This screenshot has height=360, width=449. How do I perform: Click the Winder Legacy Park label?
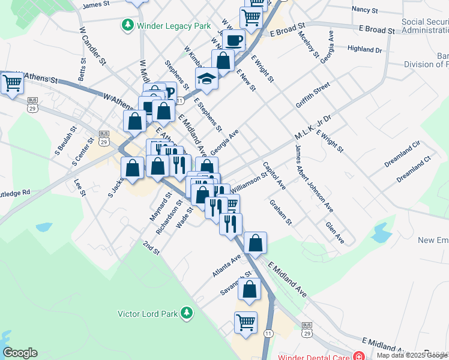point(174,26)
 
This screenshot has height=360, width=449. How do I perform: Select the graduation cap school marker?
point(206,79)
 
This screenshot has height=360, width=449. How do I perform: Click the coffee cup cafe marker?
point(234,41)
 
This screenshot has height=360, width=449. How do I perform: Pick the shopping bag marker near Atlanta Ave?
point(255,243)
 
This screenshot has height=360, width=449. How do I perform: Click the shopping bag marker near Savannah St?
point(249,289)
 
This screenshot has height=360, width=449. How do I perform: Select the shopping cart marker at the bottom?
point(246,323)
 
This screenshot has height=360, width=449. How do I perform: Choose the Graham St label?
point(280,212)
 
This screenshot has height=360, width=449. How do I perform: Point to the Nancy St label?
point(364,10)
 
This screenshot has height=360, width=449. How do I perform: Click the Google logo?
point(20,353)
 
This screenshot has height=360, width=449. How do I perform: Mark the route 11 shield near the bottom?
point(268,333)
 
